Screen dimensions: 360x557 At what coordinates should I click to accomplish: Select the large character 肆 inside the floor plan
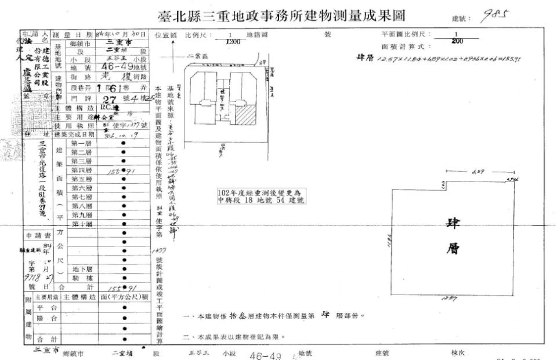(453, 224)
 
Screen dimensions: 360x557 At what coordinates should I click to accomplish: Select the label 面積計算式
(407, 46)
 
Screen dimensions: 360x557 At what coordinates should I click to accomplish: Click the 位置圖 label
(166, 35)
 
